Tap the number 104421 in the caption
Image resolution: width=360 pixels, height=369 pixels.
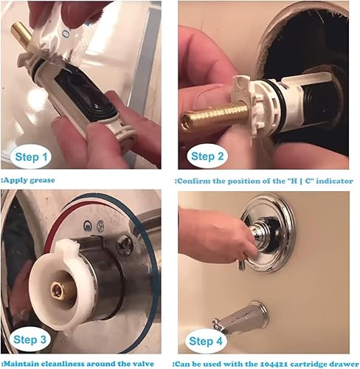pyautogui.click(x=261, y=363)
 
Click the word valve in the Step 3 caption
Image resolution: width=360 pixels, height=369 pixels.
pyautogui.click(x=141, y=363)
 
